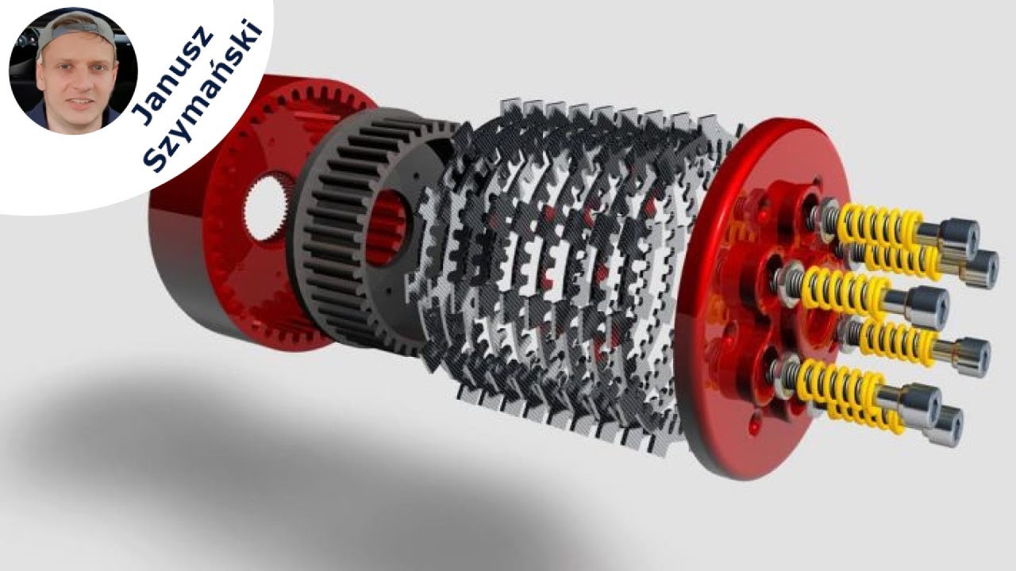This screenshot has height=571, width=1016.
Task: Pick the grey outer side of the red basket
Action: (x=190, y=254)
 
